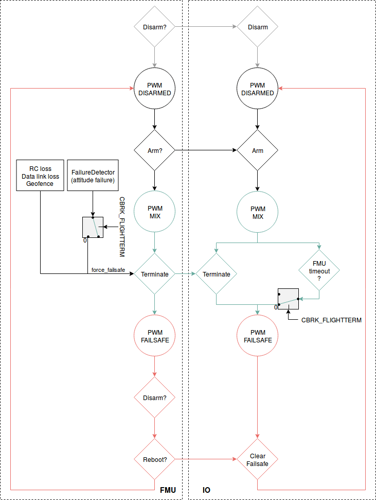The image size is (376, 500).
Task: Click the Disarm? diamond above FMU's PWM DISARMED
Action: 154,27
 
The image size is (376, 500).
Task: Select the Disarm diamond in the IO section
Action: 257,27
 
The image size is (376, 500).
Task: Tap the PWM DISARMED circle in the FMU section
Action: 154,89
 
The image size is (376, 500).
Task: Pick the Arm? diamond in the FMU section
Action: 154,151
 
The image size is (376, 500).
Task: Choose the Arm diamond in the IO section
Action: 257,151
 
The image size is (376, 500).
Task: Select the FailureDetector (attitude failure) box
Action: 93,176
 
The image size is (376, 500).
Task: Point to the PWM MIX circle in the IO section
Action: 257,212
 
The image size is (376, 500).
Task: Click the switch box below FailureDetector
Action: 93,227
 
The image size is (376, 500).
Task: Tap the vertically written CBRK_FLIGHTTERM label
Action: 122,227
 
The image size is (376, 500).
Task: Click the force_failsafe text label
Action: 108,269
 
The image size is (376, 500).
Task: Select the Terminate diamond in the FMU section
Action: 154,274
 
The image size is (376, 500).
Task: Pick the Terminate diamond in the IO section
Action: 216,274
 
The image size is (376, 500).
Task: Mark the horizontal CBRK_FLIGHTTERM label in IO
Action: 331,320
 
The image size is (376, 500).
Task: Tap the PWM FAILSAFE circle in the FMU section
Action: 154,336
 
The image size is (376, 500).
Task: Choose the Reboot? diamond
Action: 154,459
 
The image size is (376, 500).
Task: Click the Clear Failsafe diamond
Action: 257,459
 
